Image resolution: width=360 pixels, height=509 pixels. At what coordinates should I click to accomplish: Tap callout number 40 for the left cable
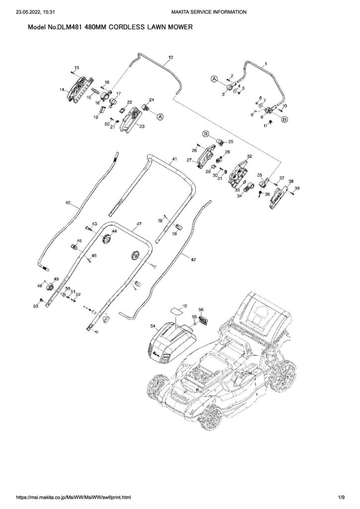click(68, 203)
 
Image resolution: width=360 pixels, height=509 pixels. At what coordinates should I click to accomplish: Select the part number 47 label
click(139, 225)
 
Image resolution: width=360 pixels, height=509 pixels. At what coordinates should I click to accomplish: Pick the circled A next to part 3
click(214, 79)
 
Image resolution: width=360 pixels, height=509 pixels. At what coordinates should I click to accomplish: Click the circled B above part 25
click(206, 133)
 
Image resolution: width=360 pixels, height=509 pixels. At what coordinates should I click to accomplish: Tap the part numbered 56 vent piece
click(203, 321)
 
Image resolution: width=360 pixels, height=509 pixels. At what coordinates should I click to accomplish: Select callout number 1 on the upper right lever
click(266, 64)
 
